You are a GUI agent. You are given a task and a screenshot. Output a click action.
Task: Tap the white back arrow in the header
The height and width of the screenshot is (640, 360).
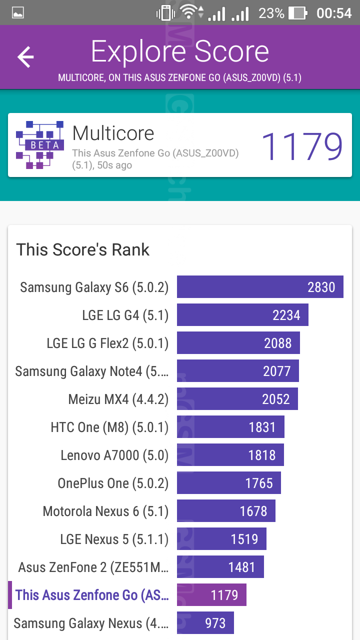tap(25, 57)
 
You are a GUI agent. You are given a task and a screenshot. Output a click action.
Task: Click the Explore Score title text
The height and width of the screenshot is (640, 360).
tap(180, 51)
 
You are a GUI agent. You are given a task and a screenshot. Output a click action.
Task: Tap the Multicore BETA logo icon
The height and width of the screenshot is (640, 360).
tap(40, 144)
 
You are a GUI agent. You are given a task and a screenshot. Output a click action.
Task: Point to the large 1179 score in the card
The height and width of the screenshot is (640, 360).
tap(302, 146)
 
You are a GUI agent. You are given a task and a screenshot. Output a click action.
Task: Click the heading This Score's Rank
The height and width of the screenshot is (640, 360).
tap(83, 249)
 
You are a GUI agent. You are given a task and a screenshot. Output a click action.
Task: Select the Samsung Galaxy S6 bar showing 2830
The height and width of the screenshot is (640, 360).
tap(260, 287)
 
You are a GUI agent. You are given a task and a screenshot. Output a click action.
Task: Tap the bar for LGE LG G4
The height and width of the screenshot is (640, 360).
tap(242, 315)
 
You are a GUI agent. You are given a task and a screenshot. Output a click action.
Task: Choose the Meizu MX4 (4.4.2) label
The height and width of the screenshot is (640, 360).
tap(118, 399)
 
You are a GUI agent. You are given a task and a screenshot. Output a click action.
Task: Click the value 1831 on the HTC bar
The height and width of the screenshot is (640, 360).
tap(262, 427)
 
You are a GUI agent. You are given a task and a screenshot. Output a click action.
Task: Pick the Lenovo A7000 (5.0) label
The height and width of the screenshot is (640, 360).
tap(114, 455)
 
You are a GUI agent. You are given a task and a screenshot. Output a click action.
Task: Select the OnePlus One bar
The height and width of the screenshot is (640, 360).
tap(229, 483)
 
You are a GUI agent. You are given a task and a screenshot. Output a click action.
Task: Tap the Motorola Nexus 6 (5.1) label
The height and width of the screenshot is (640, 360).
tap(105, 511)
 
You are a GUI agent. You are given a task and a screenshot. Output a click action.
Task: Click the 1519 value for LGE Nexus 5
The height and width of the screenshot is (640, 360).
tap(244, 539)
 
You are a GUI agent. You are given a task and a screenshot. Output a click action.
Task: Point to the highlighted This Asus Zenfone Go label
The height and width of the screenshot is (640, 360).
tap(92, 595)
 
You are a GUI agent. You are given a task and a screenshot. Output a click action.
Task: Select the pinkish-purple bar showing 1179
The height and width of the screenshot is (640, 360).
tap(211, 595)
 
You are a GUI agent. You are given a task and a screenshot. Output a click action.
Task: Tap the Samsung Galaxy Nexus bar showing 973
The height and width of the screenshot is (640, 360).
tap(205, 623)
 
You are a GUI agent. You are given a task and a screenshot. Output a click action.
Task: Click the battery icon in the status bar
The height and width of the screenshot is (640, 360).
tap(298, 13)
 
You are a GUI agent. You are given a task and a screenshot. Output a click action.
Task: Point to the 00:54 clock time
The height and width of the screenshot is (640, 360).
tap(334, 13)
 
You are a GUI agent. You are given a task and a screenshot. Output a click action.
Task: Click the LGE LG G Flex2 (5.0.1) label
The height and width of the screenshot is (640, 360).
tap(107, 343)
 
